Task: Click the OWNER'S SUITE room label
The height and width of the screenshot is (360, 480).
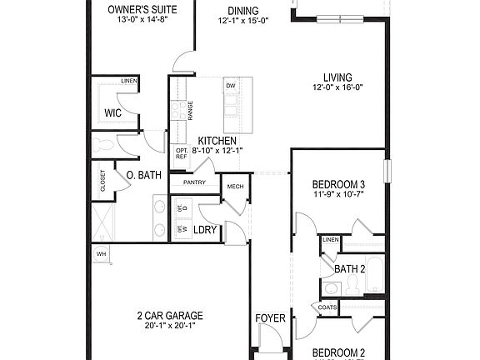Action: [139, 9]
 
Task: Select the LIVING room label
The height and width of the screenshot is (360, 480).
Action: [332, 77]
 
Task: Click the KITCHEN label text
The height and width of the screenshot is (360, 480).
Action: [217, 141]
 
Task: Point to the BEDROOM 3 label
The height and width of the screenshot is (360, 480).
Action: [338, 184]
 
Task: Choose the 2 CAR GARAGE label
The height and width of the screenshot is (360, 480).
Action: [170, 316]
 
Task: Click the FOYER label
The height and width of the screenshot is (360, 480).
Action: [270, 318]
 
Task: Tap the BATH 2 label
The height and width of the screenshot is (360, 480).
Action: [351, 269]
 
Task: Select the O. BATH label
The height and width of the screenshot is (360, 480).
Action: [143, 175]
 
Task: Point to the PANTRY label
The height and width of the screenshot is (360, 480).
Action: [193, 182]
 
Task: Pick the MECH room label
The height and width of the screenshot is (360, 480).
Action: [235, 187]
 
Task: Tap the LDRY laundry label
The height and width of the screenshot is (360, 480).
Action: [205, 229]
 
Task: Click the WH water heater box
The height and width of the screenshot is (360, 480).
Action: [102, 254]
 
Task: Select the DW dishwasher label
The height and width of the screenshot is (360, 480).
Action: [231, 86]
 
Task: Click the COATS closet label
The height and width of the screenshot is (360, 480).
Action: [327, 307]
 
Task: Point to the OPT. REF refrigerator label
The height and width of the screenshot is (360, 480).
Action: [181, 153]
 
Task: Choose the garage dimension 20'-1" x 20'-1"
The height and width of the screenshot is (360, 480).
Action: [170, 326]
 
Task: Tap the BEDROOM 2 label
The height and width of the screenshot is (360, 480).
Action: [338, 352]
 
